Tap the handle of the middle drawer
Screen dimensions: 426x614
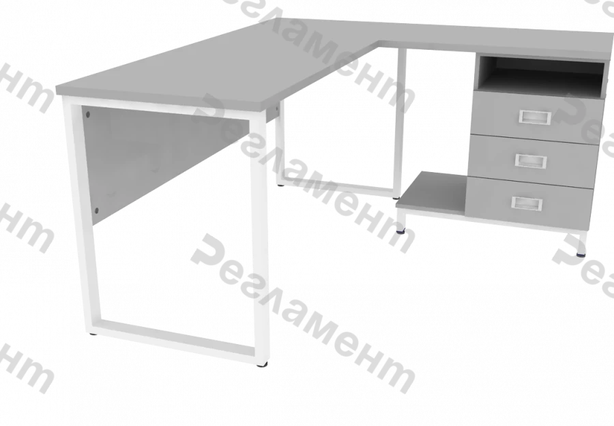(529, 161)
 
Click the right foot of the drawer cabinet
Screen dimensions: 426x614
(581, 246)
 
